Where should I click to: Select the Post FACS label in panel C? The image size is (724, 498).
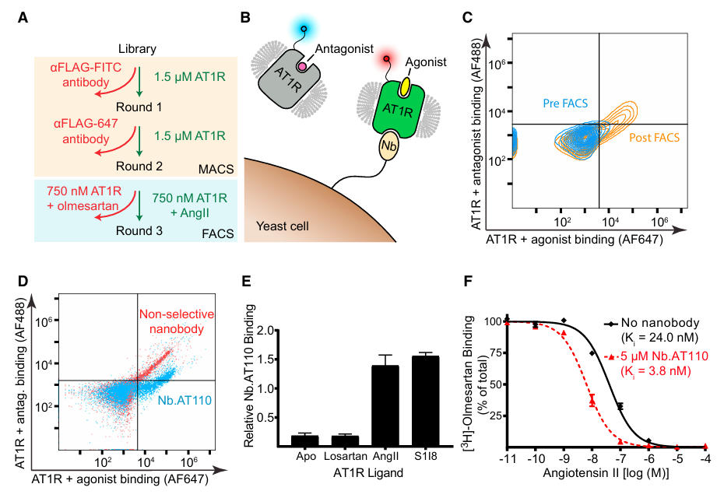pos(653,138)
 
